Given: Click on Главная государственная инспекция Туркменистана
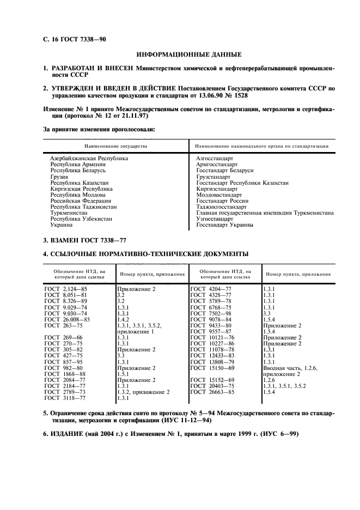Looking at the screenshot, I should click(x=265, y=212).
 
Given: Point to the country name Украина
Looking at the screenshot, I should click(x=62, y=224).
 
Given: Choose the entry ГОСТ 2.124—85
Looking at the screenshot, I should click(x=66, y=288).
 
